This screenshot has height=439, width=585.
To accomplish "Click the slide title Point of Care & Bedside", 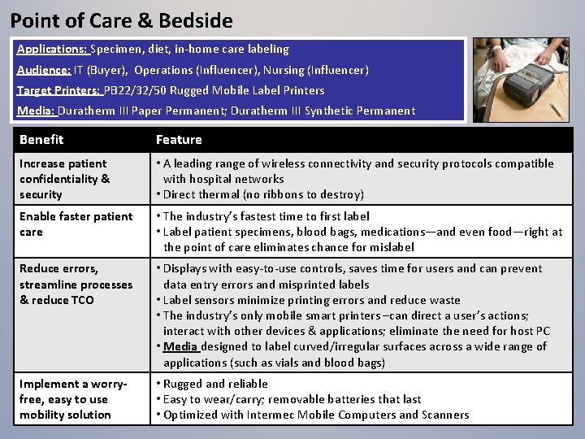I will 121,20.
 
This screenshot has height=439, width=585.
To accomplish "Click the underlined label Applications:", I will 52,50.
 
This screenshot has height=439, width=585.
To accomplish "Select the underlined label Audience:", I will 44,70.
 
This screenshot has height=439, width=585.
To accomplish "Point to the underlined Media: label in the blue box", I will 36,111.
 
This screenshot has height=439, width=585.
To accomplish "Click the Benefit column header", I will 41,140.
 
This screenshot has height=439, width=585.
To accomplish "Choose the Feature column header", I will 179,140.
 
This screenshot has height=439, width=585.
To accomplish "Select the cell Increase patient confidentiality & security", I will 65,179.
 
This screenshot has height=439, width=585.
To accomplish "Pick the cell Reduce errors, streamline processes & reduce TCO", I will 76,285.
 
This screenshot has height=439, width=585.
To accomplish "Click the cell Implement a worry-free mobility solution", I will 73,399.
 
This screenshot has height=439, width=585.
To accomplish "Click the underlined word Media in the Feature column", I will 180,346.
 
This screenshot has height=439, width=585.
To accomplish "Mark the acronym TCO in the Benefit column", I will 81,300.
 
